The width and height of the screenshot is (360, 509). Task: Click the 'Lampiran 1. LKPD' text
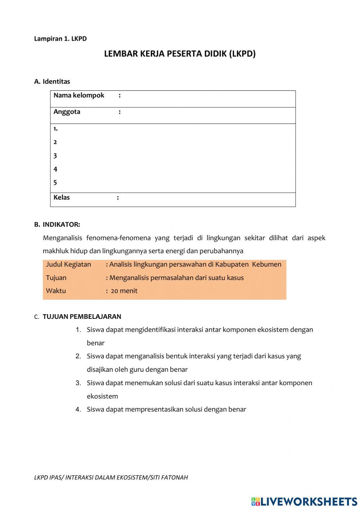tap(60, 39)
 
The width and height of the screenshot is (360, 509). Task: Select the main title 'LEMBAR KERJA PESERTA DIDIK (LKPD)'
tap(180, 54)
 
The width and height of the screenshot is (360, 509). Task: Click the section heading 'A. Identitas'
tap(52, 81)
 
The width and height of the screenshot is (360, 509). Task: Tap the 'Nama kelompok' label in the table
tap(78, 95)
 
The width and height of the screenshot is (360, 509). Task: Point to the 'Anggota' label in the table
tap(67, 112)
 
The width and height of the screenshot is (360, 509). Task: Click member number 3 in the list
tap(55, 156)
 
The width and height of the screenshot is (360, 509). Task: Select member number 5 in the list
tap(55, 183)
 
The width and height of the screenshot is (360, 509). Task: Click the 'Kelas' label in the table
tap(62, 197)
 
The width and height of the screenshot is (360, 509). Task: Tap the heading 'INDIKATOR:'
tap(61, 224)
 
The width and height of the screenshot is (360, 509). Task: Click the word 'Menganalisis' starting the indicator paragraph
tap(62, 238)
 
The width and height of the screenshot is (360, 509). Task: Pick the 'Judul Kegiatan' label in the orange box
tap(68, 264)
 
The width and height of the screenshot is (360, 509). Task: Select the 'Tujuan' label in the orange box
tap(56, 278)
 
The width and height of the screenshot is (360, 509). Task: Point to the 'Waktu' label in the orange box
tap(56, 291)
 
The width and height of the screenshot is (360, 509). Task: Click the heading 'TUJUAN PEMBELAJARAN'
tap(82, 317)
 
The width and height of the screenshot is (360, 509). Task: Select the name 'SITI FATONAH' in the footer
tap(169, 478)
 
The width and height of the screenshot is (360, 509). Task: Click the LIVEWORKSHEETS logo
tap(304, 501)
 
